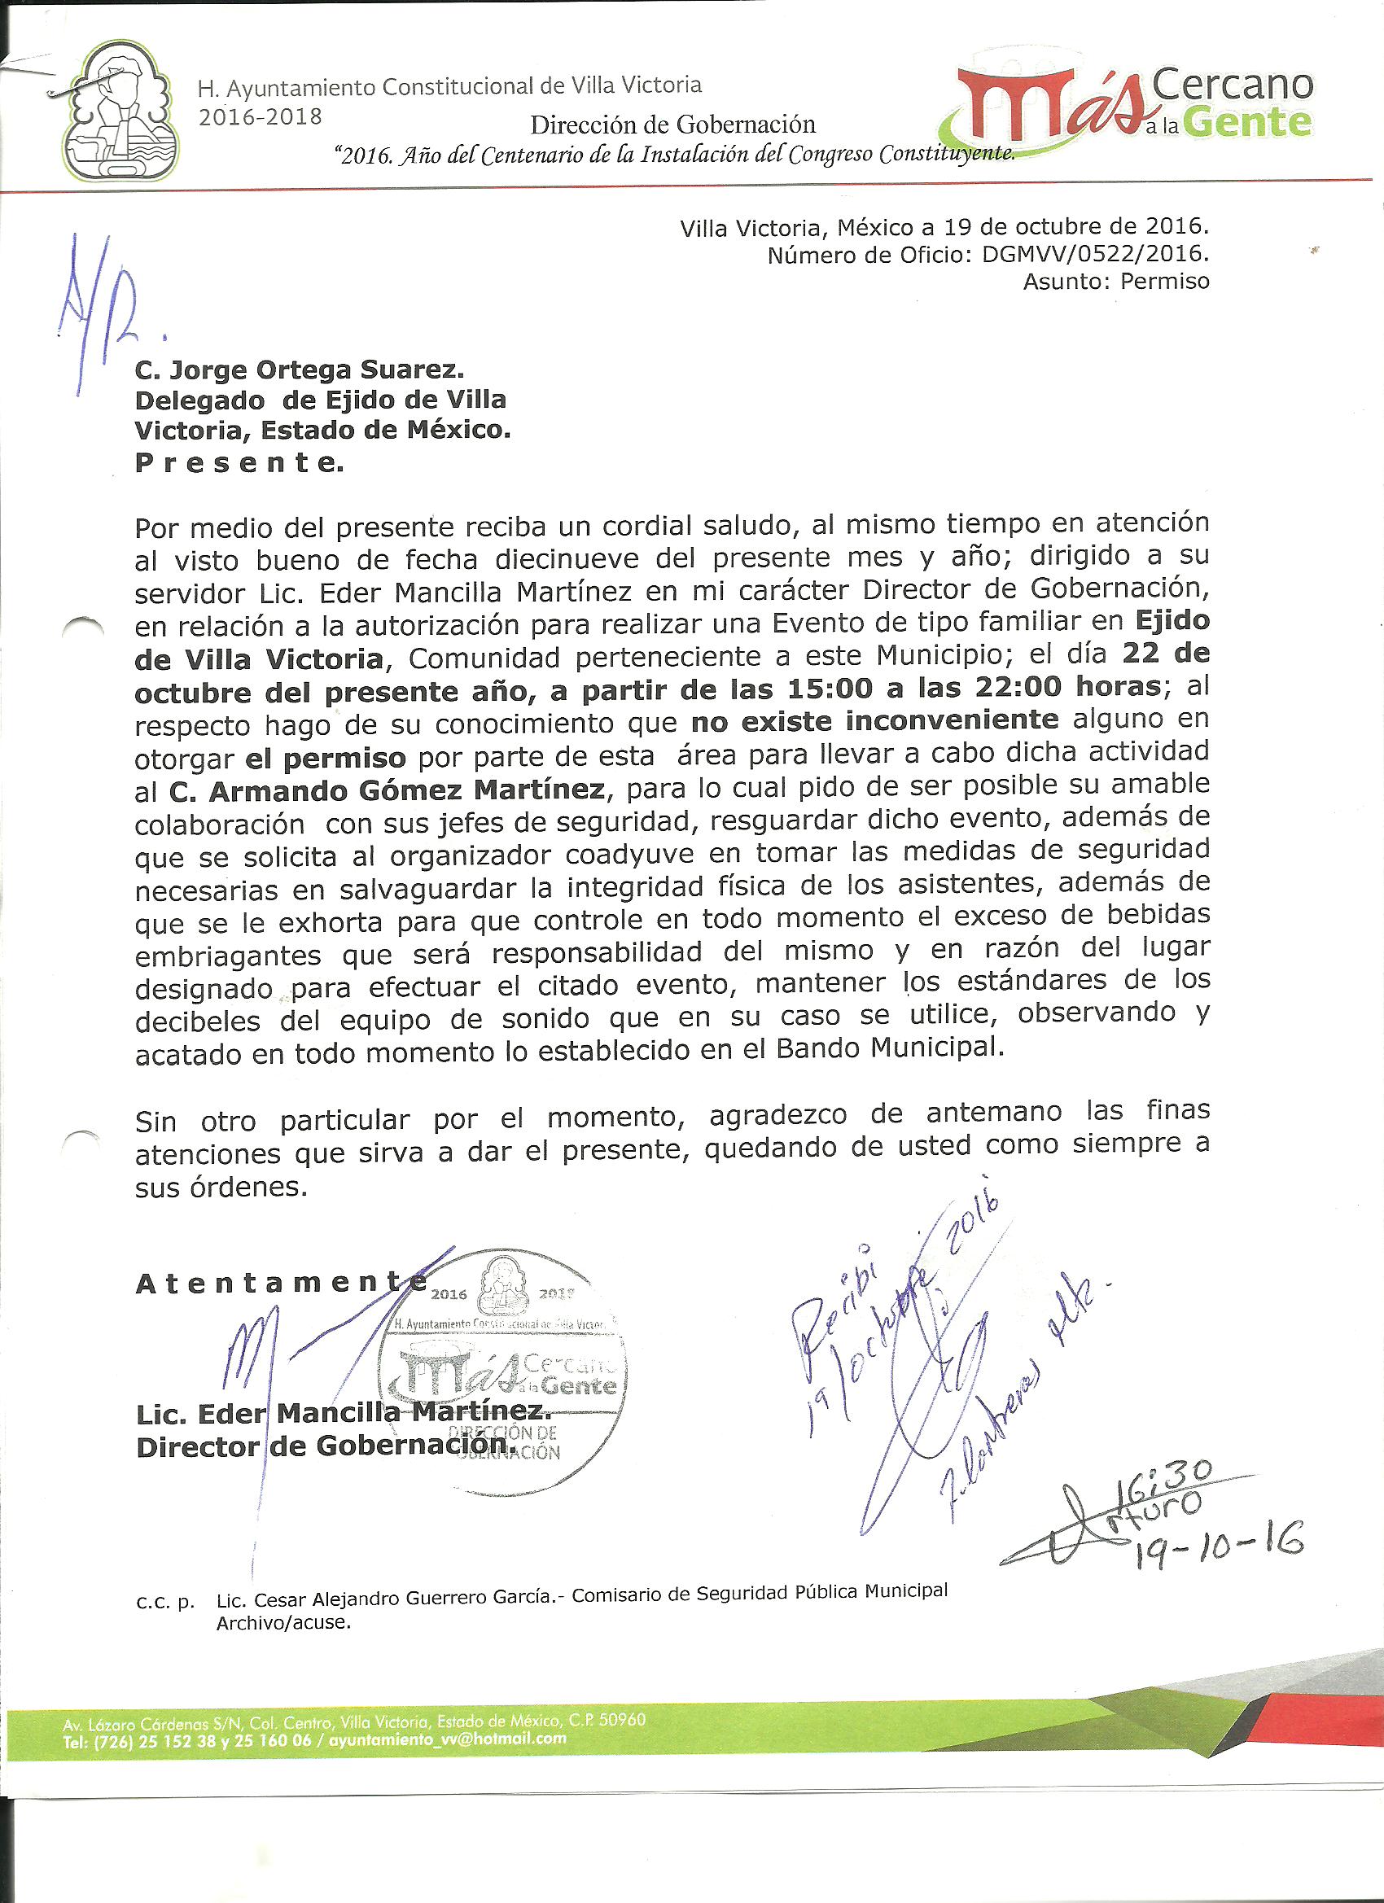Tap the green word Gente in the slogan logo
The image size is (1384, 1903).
[x=1250, y=123]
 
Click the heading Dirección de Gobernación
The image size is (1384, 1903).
[x=672, y=125]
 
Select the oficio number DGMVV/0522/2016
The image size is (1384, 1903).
[x=1095, y=254]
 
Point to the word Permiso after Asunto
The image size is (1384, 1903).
[x=1165, y=282]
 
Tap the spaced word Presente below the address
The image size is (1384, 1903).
[x=239, y=463]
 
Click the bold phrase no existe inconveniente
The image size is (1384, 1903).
[x=874, y=721]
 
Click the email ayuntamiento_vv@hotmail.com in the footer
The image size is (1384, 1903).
[x=449, y=1738]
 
